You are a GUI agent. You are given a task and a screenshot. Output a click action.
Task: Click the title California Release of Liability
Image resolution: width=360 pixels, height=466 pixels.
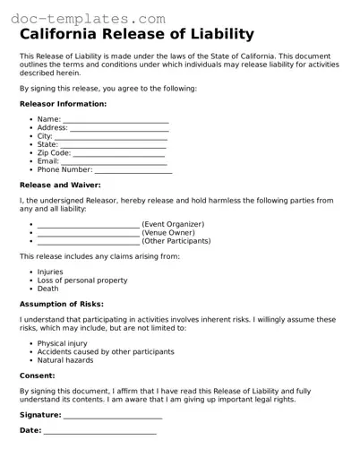[x=136, y=35]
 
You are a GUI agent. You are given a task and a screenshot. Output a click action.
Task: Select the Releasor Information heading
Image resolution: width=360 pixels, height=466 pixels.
[x=63, y=104]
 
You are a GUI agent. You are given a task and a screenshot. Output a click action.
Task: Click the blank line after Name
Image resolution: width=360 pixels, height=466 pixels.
[x=116, y=120]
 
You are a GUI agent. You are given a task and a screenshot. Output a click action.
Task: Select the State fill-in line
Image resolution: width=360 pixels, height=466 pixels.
[x=113, y=144]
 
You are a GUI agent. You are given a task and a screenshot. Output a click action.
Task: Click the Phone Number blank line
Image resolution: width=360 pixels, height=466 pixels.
[x=133, y=169]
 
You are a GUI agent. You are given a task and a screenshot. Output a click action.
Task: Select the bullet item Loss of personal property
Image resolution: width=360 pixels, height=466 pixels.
[x=82, y=280]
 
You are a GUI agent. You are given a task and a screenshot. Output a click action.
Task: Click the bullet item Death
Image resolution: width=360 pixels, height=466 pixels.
[x=47, y=289]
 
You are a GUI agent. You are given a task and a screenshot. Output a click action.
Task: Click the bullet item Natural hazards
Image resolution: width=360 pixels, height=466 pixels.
[x=65, y=359]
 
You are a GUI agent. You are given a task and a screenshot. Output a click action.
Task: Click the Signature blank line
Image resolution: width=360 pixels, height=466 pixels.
[x=113, y=416]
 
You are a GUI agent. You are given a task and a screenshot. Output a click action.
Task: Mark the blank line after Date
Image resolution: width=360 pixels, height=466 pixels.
[x=100, y=431]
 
